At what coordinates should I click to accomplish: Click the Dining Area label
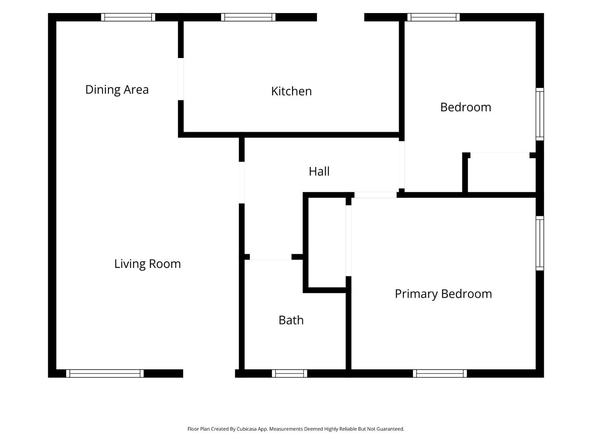[x=117, y=90]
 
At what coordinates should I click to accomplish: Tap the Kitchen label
[x=291, y=91]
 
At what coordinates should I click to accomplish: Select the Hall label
[x=319, y=171]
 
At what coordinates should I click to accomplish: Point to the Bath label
[x=291, y=320]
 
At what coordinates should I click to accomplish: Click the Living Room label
[x=148, y=264]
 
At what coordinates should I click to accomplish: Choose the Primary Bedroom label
[x=443, y=294]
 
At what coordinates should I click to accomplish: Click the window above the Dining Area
[x=128, y=17]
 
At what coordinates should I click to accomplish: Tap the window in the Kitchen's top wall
[x=248, y=17]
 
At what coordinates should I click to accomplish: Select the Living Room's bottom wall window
[x=105, y=373]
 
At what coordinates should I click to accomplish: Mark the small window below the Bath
[x=289, y=373]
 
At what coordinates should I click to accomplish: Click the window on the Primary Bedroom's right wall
[x=540, y=243]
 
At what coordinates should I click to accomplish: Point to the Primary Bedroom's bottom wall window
[x=440, y=373]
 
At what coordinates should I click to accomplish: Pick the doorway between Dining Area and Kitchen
[x=181, y=79]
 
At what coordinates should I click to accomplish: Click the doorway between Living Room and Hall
[x=242, y=182]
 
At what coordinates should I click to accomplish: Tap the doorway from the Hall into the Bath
[x=270, y=257]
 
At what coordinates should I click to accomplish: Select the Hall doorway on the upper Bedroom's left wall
[x=402, y=165]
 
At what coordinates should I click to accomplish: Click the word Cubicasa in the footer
[x=247, y=429]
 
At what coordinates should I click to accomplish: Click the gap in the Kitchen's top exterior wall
[x=341, y=17]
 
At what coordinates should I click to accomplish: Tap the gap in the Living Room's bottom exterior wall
[x=209, y=373]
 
